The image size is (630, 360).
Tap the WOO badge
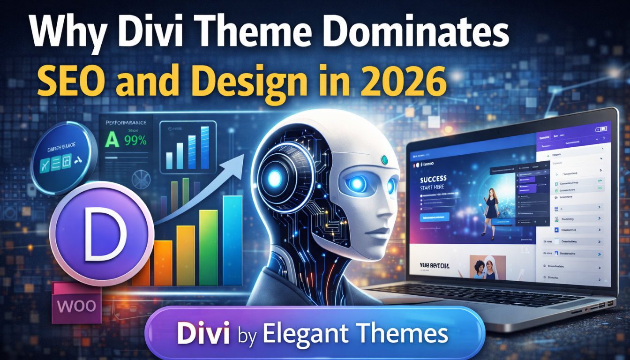[x=76, y=306]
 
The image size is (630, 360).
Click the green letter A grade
[x=112, y=140]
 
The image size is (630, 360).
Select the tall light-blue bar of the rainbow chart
[x=232, y=240]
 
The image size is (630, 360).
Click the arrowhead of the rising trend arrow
[x=237, y=162]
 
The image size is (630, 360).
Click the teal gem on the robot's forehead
[x=385, y=160]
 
